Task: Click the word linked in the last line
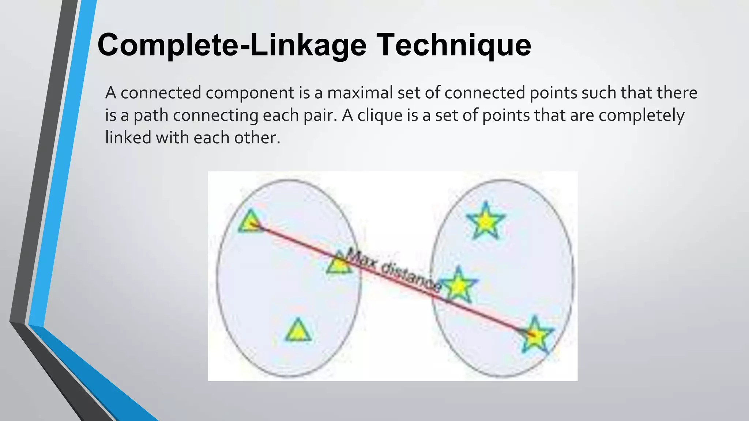tap(128, 138)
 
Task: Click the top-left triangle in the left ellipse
tap(251, 222)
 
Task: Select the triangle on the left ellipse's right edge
tap(339, 263)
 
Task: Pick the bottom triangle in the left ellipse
tap(298, 331)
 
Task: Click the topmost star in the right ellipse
tap(486, 221)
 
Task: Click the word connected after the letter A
tap(161, 93)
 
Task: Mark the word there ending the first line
tap(677, 93)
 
